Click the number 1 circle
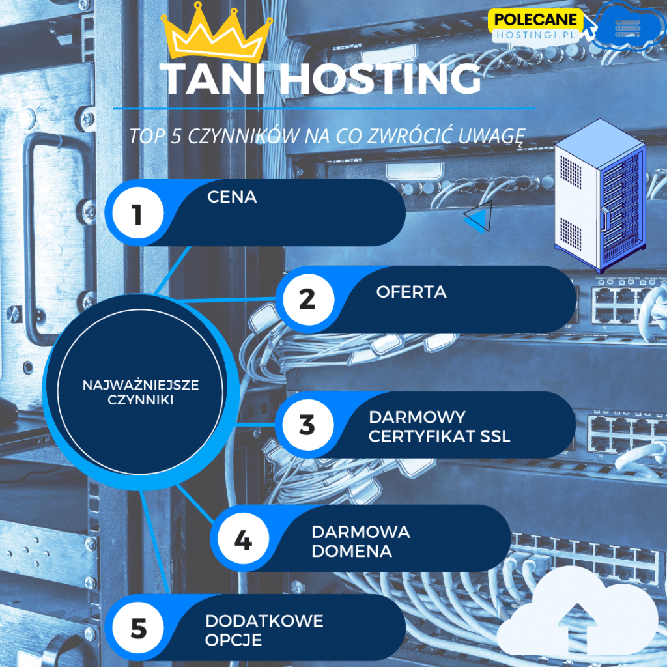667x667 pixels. tap(137, 214)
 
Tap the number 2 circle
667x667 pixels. tap(307, 300)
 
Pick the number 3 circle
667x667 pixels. tap(307, 425)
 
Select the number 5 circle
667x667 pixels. tap(139, 629)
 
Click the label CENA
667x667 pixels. tap(232, 197)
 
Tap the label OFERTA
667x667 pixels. tap(411, 292)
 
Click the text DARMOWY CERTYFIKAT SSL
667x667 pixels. tap(439, 427)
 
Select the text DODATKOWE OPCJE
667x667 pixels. tap(264, 630)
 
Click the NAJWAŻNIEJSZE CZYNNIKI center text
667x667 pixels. tap(141, 392)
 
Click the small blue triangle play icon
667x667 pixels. tap(479, 216)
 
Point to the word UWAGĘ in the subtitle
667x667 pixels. tap(492, 136)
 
